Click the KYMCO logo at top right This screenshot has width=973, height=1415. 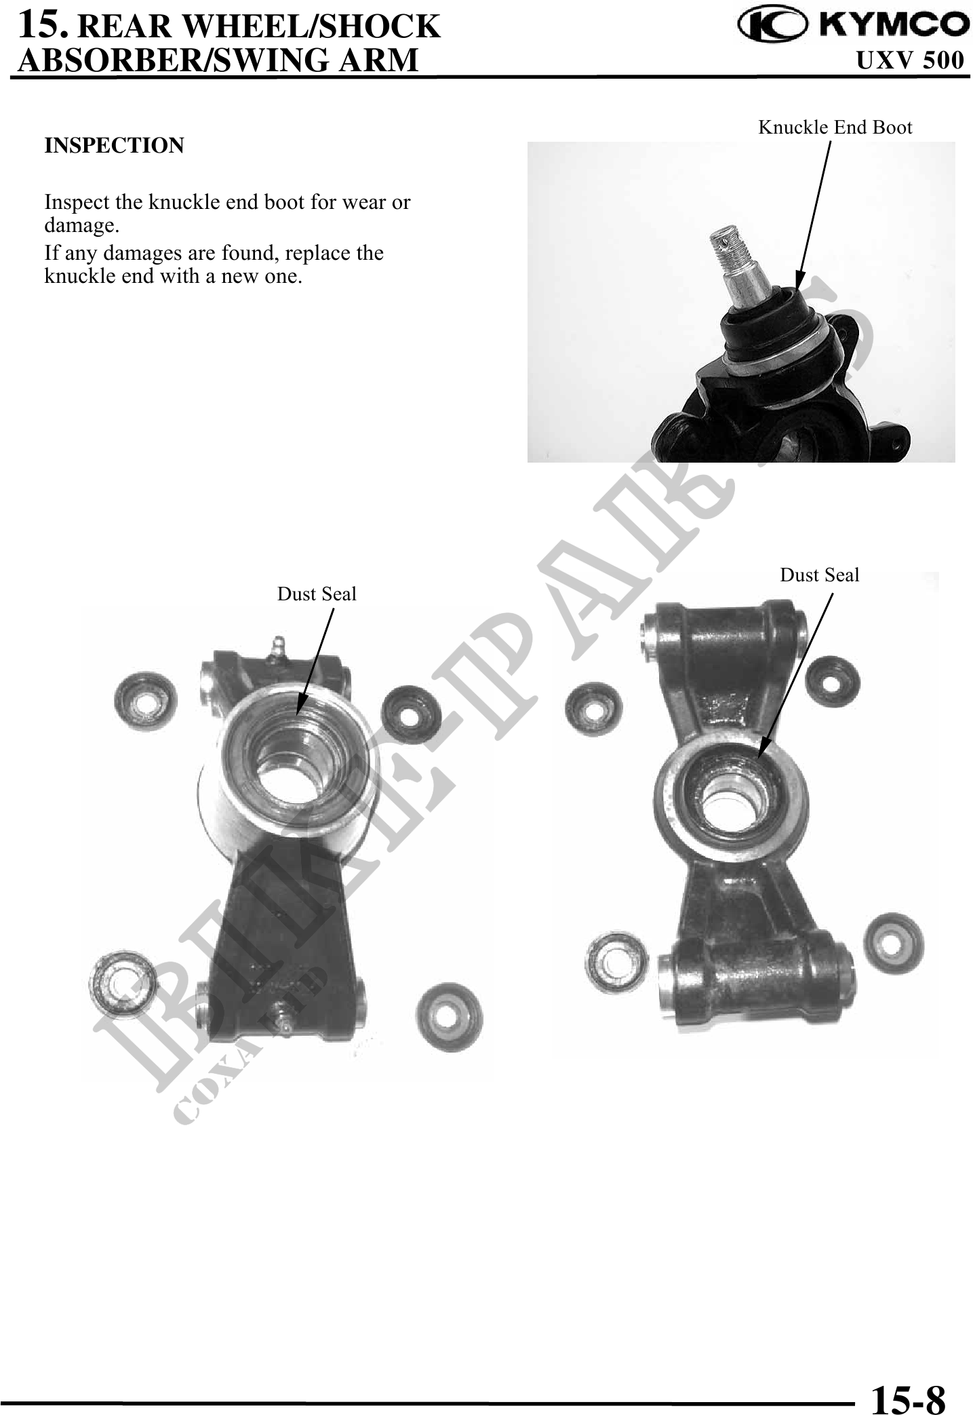854,25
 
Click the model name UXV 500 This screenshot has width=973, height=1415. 909,60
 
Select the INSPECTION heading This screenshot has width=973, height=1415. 114,145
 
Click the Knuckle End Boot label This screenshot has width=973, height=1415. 835,127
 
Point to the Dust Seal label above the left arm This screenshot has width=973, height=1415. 317,594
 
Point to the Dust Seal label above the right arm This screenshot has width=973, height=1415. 819,575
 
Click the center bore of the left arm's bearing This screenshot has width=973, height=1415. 287,787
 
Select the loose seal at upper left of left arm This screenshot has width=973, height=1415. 144,699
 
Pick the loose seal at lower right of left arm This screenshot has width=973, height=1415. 449,1015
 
